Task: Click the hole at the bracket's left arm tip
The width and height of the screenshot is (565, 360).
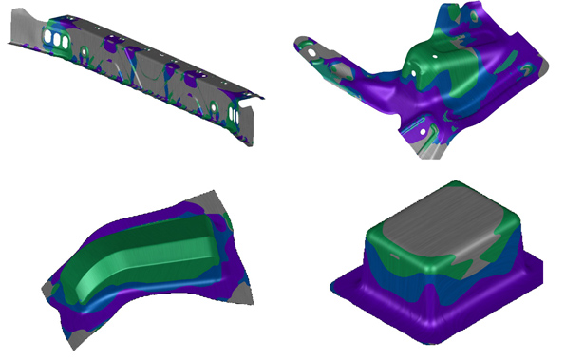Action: [301, 44]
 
